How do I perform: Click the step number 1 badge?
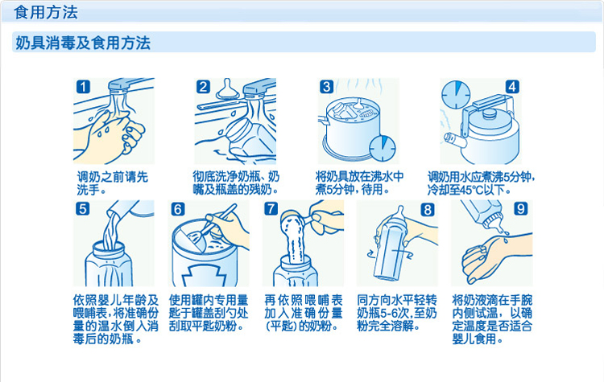pos(83,87)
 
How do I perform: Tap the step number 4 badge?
pos(512,87)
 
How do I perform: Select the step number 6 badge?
pos(178,209)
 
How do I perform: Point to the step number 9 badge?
pos(521,208)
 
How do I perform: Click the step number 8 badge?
pos(428,210)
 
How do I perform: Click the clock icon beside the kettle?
pos(456,95)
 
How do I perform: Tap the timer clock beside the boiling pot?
pos(383,149)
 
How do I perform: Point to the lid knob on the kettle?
pos(490,113)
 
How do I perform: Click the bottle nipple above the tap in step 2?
pos(228,89)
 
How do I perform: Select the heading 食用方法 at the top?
pos(46,12)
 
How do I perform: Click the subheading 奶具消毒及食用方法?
pos(83,43)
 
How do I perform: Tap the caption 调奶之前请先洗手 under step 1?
pos(113,183)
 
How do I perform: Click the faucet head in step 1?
pos(119,87)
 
